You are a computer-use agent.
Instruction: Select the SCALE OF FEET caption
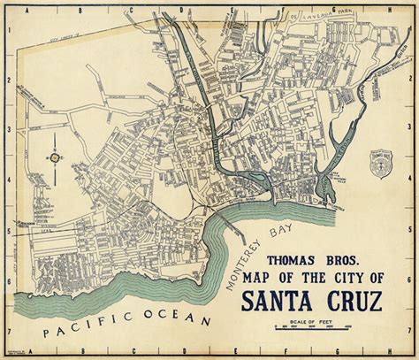[x=312, y=322]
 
